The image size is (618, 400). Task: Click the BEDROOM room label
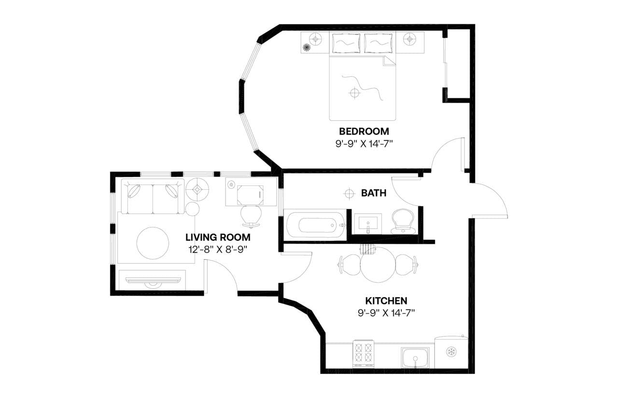364,131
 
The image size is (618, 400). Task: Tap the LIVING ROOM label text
218,237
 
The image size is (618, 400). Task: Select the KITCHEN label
386,300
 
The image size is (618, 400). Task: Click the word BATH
374,193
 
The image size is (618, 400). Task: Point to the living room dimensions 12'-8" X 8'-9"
218,249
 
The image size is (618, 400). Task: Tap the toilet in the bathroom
403,222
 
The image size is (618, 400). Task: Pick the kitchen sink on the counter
416,358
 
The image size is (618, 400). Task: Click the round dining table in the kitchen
379,265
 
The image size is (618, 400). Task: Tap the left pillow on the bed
346,43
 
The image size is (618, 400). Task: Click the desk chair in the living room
251,216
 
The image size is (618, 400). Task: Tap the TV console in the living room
152,280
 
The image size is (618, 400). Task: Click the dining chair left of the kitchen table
349,264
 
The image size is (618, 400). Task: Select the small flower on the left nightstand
306,47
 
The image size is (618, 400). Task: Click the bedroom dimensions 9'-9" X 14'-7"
364,143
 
